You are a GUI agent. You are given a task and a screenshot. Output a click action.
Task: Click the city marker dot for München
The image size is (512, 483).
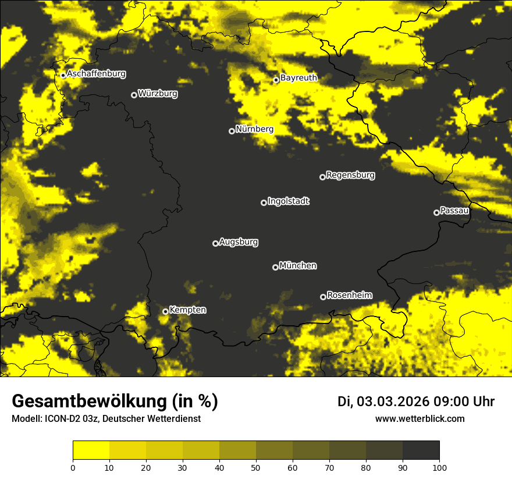(x=275, y=267)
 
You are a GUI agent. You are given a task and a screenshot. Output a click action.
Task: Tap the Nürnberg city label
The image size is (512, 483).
(x=254, y=129)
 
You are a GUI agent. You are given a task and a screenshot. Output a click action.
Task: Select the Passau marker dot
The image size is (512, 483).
(x=436, y=212)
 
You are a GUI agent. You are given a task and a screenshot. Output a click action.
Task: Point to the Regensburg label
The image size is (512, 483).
(x=350, y=175)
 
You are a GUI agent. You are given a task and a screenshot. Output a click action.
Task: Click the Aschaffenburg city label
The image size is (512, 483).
(x=96, y=74)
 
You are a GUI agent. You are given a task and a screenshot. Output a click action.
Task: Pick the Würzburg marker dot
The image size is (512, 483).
(x=134, y=95)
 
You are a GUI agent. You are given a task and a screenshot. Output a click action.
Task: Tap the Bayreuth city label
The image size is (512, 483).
(x=298, y=77)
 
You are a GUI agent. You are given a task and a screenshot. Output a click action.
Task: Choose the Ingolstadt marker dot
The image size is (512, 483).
(x=264, y=203)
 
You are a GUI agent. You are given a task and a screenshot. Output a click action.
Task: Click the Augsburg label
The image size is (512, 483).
(x=239, y=242)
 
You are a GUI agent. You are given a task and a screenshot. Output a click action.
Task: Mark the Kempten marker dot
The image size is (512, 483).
(x=165, y=311)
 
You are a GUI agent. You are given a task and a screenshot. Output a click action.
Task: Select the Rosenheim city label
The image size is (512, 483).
(x=350, y=295)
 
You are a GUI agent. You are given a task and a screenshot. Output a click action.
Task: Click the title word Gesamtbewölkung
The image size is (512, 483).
(x=87, y=402)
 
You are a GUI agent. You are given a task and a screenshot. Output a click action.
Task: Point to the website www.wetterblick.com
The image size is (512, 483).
(x=419, y=418)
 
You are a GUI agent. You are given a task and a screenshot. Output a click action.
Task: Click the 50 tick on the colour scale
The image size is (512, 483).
(x=256, y=467)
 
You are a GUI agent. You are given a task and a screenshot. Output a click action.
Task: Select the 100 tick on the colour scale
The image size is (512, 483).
(x=439, y=467)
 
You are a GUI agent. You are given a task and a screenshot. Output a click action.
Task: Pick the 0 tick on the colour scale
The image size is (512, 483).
(x=73, y=467)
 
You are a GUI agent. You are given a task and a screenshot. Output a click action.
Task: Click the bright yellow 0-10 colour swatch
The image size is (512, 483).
(x=91, y=450)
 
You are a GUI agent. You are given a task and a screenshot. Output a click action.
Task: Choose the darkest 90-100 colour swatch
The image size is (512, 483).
(x=421, y=450)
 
